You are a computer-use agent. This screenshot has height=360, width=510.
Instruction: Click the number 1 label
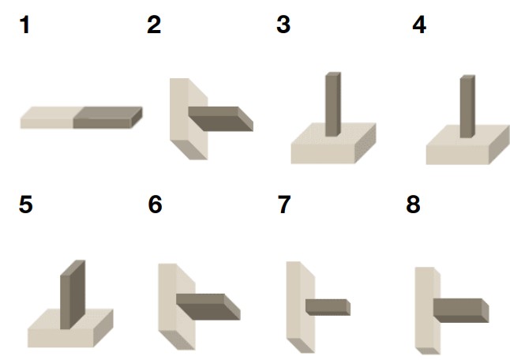click(x=25, y=25)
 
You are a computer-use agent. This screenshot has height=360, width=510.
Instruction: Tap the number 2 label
click(x=154, y=25)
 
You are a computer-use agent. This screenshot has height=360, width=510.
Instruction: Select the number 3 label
click(x=283, y=25)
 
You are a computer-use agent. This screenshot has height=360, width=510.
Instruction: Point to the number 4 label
click(x=419, y=25)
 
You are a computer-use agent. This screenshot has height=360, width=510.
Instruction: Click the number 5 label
click(x=26, y=204)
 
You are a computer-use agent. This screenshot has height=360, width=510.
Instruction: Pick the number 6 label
click(x=155, y=204)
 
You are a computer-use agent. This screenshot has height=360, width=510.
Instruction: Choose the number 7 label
click(x=284, y=204)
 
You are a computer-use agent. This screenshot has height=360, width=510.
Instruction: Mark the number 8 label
click(x=413, y=204)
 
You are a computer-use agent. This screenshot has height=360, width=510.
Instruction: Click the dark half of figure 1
click(x=107, y=117)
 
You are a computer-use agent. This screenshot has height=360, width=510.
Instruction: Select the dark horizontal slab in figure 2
click(x=221, y=119)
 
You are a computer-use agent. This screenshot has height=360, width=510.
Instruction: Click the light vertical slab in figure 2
click(x=189, y=119)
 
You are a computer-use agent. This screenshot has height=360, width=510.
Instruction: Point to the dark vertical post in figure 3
click(x=333, y=104)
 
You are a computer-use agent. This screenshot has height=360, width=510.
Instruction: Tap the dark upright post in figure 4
click(x=467, y=107)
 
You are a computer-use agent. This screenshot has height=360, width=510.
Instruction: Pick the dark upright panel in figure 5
click(x=73, y=294)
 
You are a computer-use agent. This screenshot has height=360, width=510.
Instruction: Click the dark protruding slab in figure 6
click(x=208, y=306)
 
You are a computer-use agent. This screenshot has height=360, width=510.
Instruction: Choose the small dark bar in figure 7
click(x=328, y=307)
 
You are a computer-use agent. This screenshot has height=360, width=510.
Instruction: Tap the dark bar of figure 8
click(x=461, y=310)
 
